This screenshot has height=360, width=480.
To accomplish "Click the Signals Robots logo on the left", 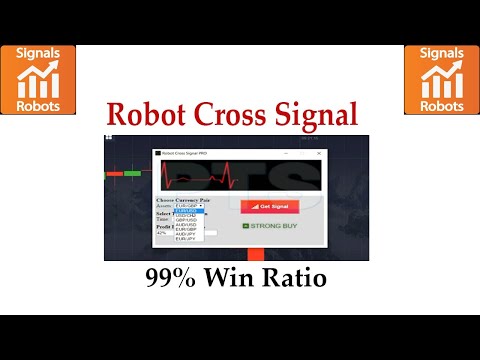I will [39, 79].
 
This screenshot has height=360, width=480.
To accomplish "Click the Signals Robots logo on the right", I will [440, 79].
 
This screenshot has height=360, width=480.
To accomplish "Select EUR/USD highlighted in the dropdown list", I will [190, 211].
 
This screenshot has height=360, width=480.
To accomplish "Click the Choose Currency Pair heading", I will [184, 199].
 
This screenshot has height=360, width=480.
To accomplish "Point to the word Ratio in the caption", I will [298, 278].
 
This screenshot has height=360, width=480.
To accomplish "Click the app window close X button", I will [318, 153].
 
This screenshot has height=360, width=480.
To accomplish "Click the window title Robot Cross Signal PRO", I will [188, 153].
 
